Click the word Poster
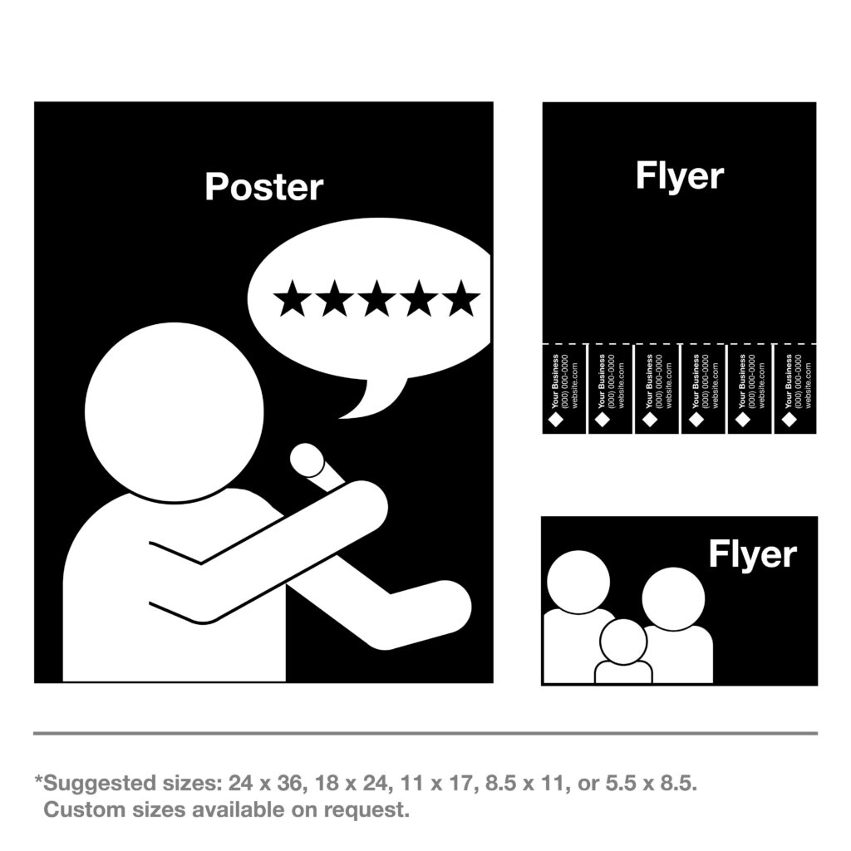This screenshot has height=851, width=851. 263,187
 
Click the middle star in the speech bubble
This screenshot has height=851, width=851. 376,298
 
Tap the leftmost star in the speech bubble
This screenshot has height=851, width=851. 292,298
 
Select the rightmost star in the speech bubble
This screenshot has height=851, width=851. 460,298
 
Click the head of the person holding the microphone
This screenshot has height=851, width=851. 175,412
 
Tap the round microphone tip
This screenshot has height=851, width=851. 307,460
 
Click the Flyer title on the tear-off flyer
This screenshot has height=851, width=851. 680,176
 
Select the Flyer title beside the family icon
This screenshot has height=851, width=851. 752,554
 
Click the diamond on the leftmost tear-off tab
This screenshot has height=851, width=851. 556,420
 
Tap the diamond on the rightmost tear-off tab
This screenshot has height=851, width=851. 789,420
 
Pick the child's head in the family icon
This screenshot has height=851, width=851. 623,642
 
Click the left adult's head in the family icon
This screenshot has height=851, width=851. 578,582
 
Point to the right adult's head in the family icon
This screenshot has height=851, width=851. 673,599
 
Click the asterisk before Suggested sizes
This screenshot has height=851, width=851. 38,780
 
